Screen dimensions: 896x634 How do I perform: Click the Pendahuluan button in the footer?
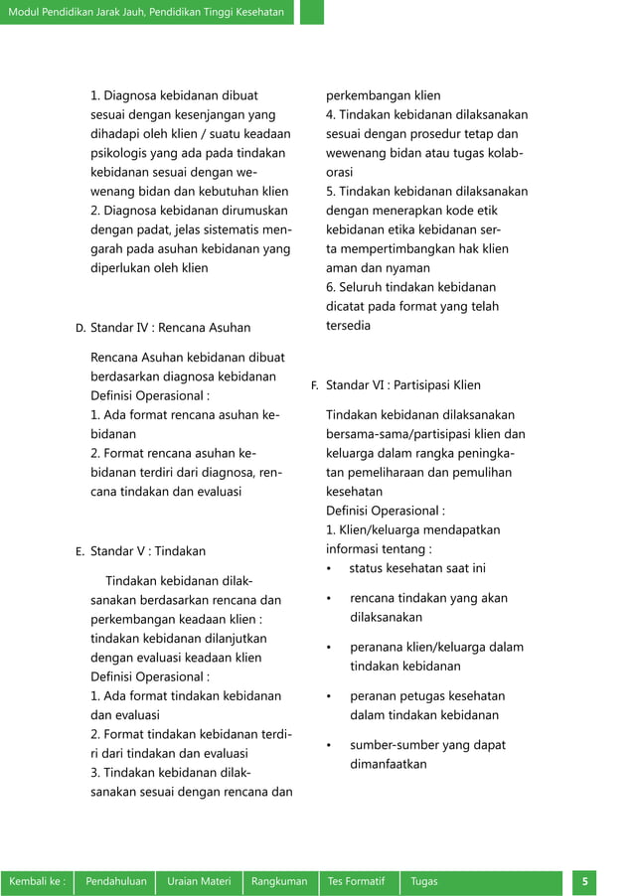(116, 881)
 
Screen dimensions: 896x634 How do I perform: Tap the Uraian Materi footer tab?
(200, 881)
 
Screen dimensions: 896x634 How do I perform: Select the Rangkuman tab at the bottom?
(279, 881)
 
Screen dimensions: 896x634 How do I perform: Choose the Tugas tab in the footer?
(423, 881)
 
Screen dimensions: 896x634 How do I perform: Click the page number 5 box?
(585, 881)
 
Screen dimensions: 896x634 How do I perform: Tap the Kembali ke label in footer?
(38, 881)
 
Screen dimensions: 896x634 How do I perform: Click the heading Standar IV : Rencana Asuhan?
(170, 327)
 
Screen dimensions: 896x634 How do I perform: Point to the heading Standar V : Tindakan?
(148, 550)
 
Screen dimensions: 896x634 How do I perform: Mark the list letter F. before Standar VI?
(314, 384)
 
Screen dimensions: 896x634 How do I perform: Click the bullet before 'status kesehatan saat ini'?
(329, 568)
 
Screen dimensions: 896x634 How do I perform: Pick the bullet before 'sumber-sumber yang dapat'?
(329, 745)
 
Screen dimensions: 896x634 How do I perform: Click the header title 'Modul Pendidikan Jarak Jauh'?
(146, 12)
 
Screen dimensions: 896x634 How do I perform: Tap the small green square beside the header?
(312, 12)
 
